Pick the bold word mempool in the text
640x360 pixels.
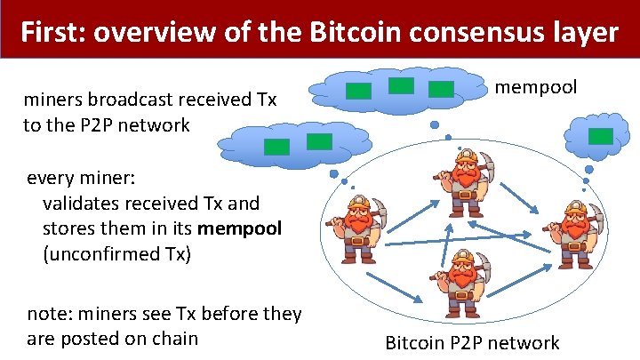click(x=239, y=228)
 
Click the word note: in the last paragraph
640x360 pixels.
click(x=49, y=314)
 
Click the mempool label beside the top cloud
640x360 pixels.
click(x=535, y=87)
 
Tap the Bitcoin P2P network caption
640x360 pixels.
click(x=472, y=343)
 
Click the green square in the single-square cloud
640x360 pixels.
click(x=602, y=135)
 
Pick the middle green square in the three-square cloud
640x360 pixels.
click(x=402, y=85)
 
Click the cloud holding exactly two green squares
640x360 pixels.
click(x=296, y=142)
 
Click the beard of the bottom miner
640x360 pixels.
click(x=461, y=283)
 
